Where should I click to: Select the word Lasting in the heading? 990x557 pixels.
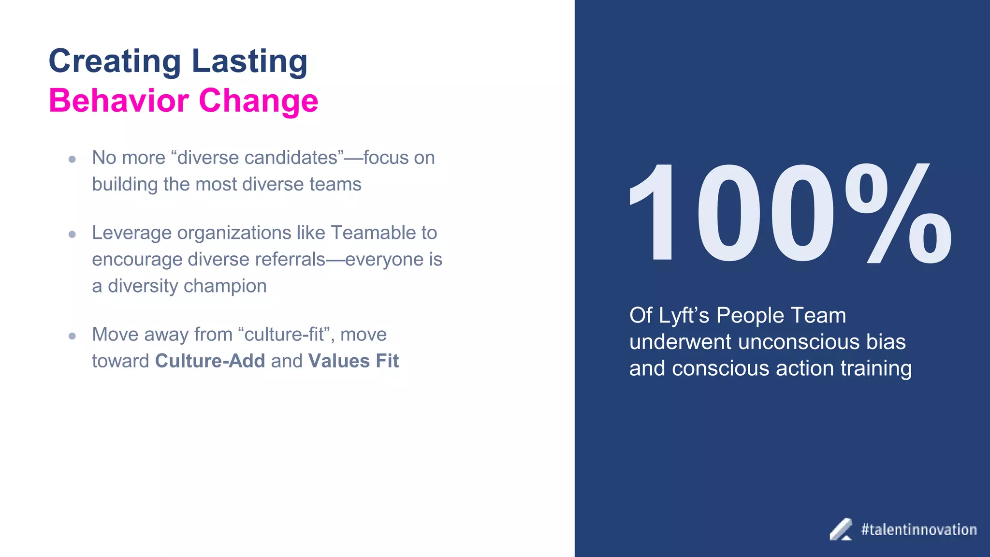pos(249,61)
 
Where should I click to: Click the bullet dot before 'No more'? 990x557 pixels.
pos(72,159)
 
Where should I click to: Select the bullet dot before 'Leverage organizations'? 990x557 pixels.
pos(72,235)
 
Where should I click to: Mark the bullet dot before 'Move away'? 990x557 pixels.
pos(72,336)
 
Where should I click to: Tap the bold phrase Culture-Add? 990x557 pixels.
pos(210,361)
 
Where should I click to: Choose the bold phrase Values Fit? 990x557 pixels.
pos(353,361)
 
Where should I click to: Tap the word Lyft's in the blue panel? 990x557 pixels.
pos(684,316)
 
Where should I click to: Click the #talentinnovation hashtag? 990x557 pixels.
pos(918,530)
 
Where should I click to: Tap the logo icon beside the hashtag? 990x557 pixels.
pos(841,530)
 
